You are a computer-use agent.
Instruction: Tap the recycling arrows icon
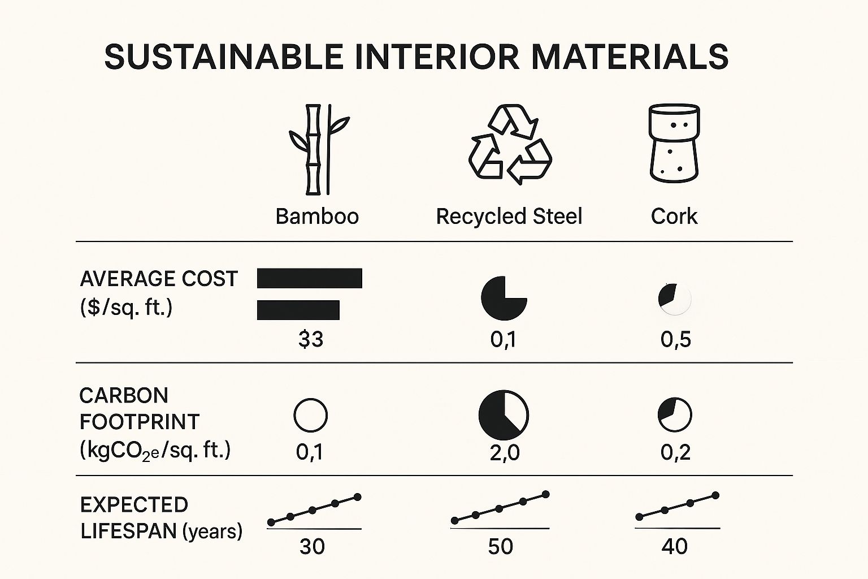[x=510, y=145]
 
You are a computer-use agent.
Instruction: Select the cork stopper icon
[x=674, y=144]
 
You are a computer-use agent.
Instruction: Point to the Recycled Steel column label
[x=509, y=217]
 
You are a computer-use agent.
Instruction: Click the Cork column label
[x=674, y=217]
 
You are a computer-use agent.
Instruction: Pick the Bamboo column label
[x=317, y=217]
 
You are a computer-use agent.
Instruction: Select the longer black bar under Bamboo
[x=309, y=278]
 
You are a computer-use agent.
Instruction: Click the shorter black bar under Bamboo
[x=298, y=310]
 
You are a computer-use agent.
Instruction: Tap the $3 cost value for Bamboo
[x=311, y=339]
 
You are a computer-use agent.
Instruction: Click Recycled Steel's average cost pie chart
[x=504, y=298]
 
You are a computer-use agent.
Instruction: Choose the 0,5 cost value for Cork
[x=675, y=339]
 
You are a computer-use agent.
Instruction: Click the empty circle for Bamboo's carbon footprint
[x=311, y=415]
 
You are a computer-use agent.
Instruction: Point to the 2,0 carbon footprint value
[x=504, y=452]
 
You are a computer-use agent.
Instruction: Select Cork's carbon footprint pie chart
[x=675, y=415]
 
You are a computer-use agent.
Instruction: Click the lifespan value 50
[x=500, y=547]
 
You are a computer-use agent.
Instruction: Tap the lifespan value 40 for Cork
[x=674, y=547]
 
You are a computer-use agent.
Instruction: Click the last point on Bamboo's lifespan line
[x=357, y=497]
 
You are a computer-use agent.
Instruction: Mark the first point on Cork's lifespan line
[x=639, y=517]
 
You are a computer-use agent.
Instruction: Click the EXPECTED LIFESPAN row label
[x=161, y=518]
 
